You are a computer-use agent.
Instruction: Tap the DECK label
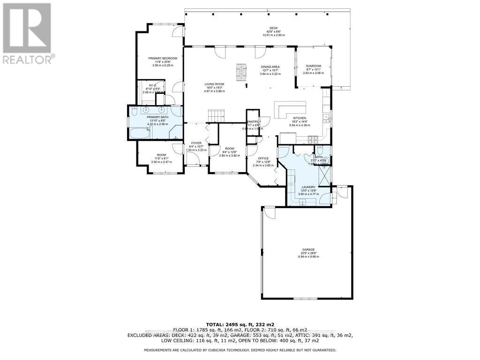tap(267, 29)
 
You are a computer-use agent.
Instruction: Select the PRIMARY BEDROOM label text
tap(163, 59)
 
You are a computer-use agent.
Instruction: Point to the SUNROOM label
tap(313, 66)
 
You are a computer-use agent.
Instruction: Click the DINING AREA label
tap(270, 67)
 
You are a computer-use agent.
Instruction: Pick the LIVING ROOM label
tap(214, 84)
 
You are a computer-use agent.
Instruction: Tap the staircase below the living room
tap(216, 115)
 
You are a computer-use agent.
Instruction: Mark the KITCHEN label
tap(300, 118)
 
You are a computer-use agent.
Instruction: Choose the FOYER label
tap(195, 143)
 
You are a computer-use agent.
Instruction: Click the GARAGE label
tap(308, 250)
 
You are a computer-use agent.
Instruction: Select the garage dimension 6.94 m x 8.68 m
tap(308, 256)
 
